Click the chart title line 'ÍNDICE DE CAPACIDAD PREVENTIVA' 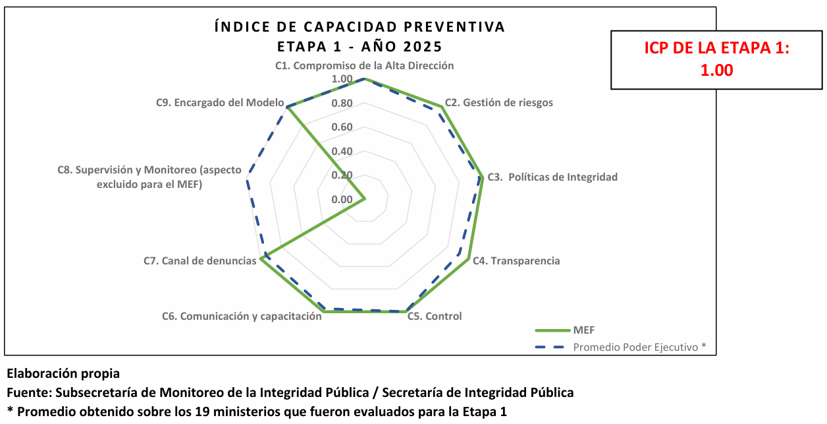coord(360,27)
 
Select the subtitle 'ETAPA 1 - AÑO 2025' coord(360,47)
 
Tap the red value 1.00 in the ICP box coord(716,71)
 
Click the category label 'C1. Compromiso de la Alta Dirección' coord(364,66)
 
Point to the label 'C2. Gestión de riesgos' coord(498,103)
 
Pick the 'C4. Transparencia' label coord(516,260)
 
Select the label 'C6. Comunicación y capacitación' coord(242,316)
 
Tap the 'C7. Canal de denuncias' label coord(200,261)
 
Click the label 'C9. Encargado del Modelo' coord(220,103)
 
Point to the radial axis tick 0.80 coord(342,104)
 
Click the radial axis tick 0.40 coord(342,152)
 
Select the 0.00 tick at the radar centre coord(342,200)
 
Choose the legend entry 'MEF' coord(584,330)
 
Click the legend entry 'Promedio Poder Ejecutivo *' coord(639,347)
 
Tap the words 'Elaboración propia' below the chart coord(63,375)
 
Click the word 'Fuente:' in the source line coord(29,393)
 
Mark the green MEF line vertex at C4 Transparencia coord(469,259)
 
